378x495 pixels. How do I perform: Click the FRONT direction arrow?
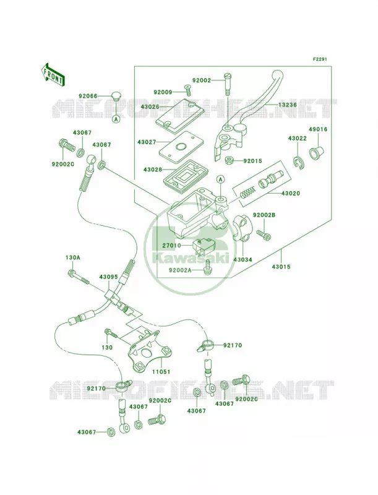click(x=53, y=74)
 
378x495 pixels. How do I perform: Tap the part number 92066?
click(x=88, y=96)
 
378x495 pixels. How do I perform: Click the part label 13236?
click(x=288, y=105)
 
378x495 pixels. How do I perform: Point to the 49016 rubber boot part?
click(x=316, y=152)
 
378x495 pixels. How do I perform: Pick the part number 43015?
click(x=281, y=267)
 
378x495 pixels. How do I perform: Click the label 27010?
click(x=171, y=245)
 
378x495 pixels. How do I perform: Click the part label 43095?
click(x=108, y=277)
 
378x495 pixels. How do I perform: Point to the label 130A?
click(x=72, y=257)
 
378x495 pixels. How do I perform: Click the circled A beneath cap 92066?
click(x=116, y=119)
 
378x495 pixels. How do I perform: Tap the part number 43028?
click(x=153, y=170)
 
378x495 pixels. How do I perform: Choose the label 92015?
click(x=253, y=161)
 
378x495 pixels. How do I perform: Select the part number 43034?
click(x=243, y=259)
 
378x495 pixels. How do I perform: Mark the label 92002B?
click(x=264, y=215)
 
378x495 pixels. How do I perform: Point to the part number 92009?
click(x=163, y=92)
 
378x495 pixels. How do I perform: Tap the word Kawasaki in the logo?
click(x=191, y=259)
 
